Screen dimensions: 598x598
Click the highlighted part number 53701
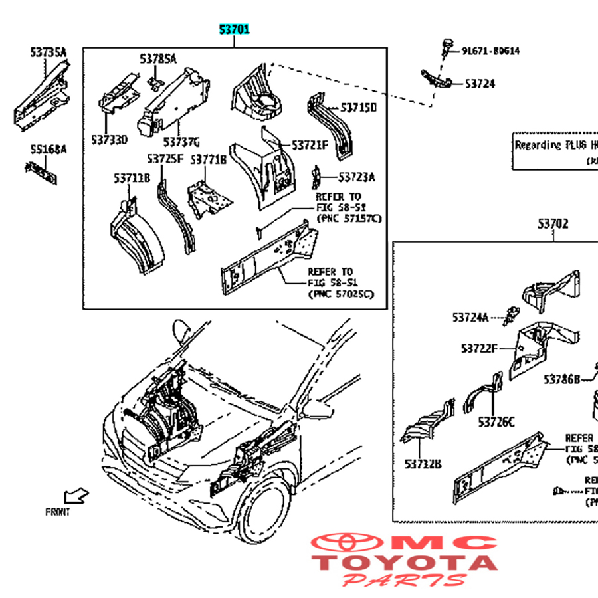point(235,29)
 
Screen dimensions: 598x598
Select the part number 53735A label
point(47,52)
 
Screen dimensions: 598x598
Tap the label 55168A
point(47,149)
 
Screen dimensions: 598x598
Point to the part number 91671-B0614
point(490,50)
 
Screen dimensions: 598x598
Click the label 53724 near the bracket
point(479,84)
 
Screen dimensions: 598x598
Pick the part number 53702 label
point(553,224)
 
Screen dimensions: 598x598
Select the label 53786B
point(562,379)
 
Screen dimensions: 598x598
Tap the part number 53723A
point(356,177)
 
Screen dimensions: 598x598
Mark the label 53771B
point(208,159)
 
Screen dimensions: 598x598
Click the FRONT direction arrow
point(75,496)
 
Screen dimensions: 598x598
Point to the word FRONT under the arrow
point(57,512)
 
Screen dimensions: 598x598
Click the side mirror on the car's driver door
point(180,330)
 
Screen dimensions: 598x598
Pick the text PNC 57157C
point(349,219)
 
